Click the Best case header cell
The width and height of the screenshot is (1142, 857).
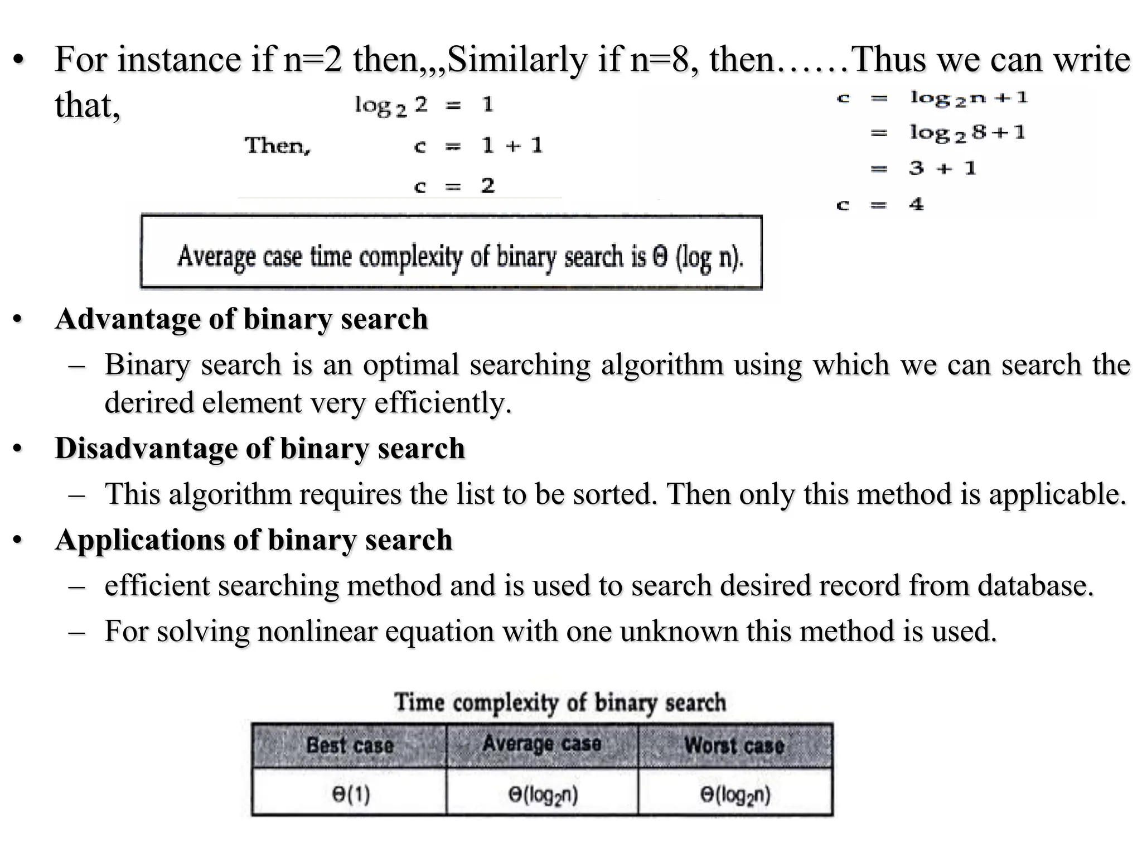(x=350, y=745)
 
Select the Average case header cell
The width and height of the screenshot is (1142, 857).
(x=542, y=744)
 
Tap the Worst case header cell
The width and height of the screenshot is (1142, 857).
(x=734, y=745)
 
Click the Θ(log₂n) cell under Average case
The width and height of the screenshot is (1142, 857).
(x=543, y=795)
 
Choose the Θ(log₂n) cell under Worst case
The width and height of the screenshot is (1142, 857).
(x=735, y=795)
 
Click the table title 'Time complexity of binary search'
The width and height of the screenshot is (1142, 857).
(x=560, y=702)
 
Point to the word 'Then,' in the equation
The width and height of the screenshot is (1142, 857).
(x=277, y=146)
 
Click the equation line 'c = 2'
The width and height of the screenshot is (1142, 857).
(x=454, y=186)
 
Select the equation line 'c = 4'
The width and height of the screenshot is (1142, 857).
(x=880, y=205)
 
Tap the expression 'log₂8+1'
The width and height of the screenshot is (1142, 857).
(x=967, y=133)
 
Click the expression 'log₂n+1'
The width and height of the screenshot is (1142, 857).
(x=969, y=98)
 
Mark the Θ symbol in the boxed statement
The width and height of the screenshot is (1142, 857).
(x=660, y=257)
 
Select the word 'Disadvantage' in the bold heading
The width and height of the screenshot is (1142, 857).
(x=146, y=449)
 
